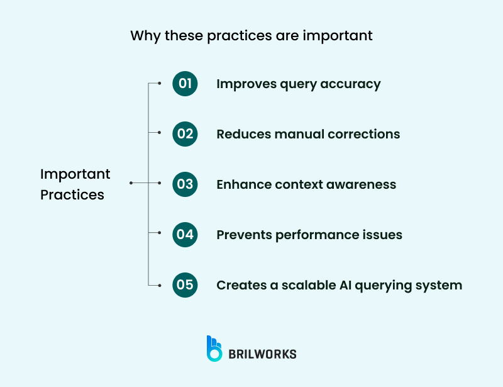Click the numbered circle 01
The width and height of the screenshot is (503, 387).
pos(185,84)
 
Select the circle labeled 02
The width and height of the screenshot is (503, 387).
pos(185,134)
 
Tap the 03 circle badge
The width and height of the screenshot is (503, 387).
pos(185,184)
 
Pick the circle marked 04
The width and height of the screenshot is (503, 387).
pos(185,235)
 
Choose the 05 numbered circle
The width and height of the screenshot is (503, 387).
pos(185,285)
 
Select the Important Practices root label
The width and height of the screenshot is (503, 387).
pos(75,184)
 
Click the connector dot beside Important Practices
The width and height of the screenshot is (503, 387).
pos(131,183)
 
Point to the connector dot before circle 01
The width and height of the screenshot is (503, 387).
pos(160,83)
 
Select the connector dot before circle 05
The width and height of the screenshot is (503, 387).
pos(160,285)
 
